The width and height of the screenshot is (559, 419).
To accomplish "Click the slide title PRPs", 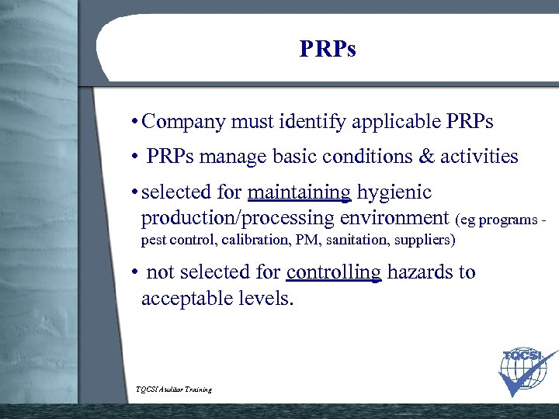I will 328,49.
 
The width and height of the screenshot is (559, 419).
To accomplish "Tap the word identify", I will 312,122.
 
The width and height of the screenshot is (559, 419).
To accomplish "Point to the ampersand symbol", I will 426,157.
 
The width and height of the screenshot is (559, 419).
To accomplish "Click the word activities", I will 479,157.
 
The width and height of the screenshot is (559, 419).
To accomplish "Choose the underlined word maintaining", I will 299,192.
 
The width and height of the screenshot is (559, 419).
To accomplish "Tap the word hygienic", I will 394,192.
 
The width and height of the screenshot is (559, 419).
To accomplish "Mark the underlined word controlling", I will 334,273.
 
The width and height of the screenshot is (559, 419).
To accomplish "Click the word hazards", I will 421,272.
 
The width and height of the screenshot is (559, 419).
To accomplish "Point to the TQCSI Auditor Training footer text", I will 174,390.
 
